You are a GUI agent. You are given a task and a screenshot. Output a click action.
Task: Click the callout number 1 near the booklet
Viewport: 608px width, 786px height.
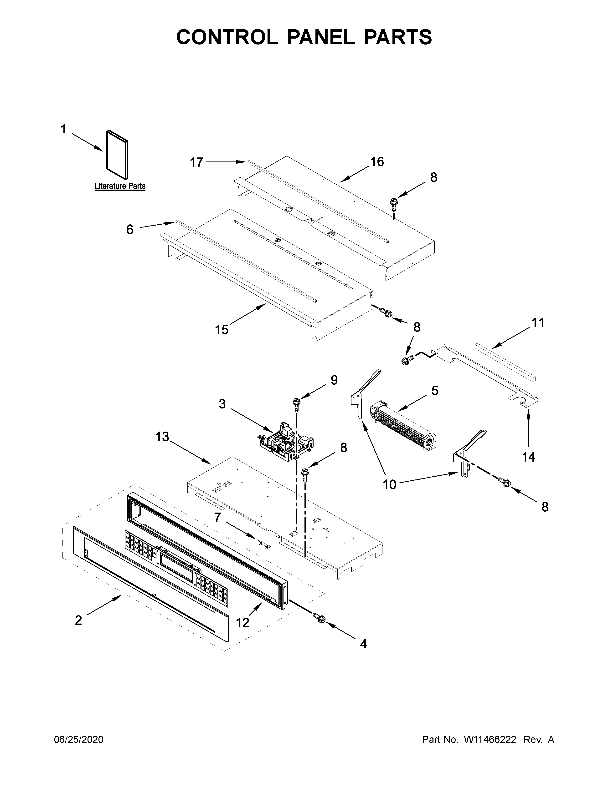(63, 129)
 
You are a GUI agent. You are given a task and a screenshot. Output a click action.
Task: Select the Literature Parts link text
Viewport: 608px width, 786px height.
(120, 186)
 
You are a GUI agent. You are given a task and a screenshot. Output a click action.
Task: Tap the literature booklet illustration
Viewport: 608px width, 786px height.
(117, 155)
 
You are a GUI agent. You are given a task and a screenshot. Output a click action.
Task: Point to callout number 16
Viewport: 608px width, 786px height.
(377, 162)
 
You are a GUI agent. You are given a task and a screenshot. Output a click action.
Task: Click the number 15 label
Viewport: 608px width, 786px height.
(222, 329)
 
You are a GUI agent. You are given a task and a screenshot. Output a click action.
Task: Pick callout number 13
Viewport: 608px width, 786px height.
(162, 437)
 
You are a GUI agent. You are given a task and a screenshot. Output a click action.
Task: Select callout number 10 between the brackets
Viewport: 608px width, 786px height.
(389, 485)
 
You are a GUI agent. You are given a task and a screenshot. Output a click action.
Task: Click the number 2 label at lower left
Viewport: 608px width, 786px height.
(78, 620)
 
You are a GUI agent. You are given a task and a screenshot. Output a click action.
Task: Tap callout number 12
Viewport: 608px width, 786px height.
(243, 623)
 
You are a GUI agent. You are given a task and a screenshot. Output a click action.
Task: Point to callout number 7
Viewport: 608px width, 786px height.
(217, 518)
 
